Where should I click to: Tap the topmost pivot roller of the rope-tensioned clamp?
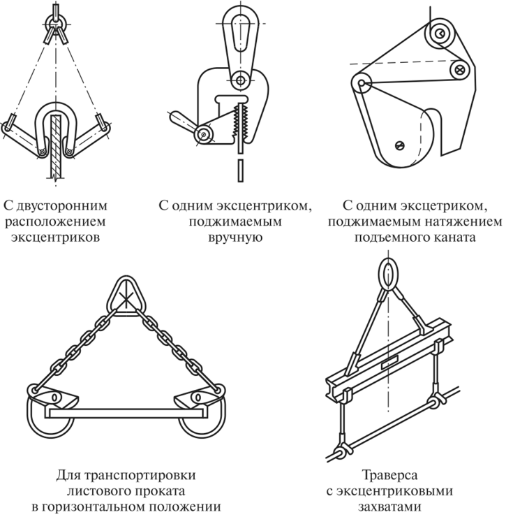point(438,32)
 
